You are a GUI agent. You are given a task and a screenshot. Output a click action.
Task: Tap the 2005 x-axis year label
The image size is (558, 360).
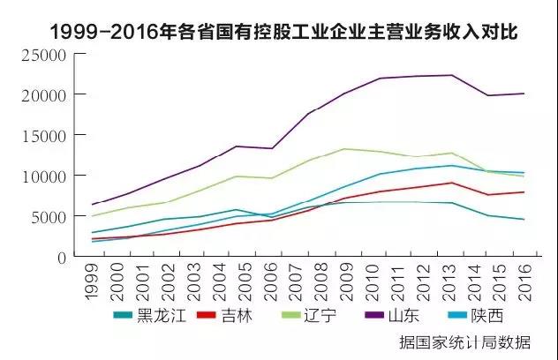coord(236,281)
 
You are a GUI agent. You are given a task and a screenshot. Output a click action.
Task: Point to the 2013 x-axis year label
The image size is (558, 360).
coord(450,281)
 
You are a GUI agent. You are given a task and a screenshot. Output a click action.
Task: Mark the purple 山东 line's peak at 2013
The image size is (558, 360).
coord(452,75)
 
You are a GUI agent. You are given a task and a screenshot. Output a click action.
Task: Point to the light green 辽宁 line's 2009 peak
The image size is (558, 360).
coord(344,148)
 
